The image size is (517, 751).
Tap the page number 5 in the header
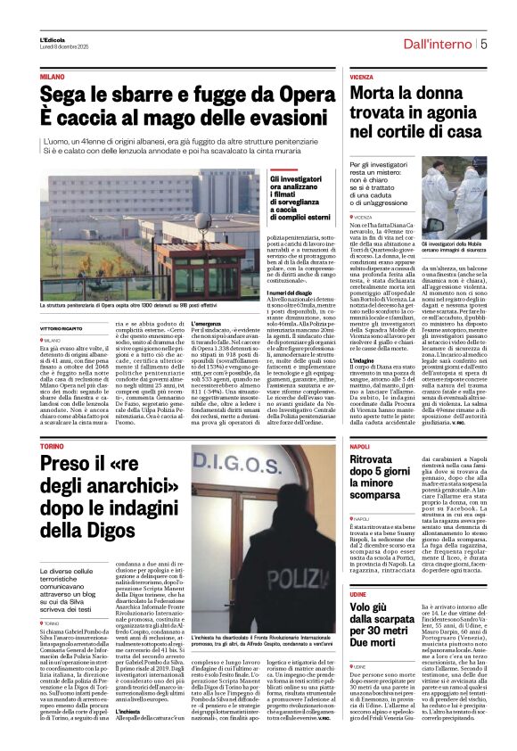point(482,44)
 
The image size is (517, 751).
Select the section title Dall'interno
point(438,44)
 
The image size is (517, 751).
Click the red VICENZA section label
point(362,78)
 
